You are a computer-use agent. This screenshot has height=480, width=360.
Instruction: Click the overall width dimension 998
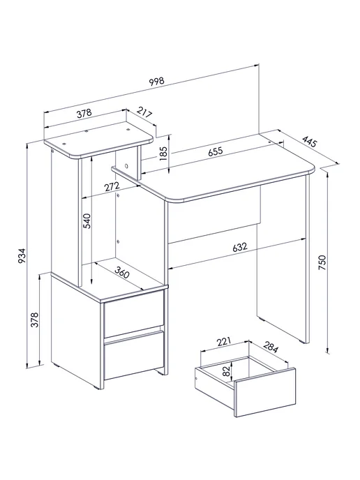point(157,81)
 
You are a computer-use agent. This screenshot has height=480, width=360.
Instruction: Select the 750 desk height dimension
point(322,262)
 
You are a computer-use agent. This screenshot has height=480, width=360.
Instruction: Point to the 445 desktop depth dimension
point(309,142)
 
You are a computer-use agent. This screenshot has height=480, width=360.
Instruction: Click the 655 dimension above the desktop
point(216,151)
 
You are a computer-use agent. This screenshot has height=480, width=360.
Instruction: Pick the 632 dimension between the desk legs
point(240,247)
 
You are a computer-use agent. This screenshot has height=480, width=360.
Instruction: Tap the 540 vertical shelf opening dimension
point(87,221)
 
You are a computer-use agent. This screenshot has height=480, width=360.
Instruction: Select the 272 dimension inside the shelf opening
point(112,187)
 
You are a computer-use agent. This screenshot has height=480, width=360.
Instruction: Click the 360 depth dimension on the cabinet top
point(122,272)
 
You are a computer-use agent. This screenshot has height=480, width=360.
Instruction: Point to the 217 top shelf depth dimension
point(144,112)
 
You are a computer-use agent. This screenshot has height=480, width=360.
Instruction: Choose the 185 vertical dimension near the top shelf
point(163,153)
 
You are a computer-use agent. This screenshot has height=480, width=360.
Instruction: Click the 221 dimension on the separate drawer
point(223,342)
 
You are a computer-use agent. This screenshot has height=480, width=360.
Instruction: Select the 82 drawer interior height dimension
point(226,371)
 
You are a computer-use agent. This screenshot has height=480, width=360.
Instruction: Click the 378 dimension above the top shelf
point(84,114)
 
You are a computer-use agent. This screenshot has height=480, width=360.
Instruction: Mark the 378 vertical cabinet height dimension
point(35,320)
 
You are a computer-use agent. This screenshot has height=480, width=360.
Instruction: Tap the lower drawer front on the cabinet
point(135,355)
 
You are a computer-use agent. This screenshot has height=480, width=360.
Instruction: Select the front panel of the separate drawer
point(265,393)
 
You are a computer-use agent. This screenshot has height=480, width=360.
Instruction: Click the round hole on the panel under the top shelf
point(126,166)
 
